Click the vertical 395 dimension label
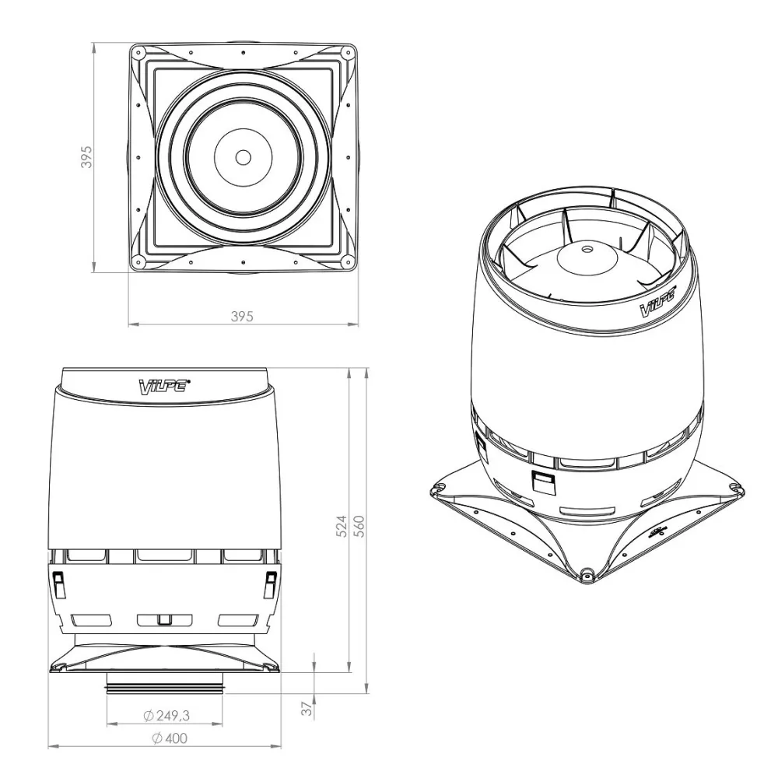(x=86, y=157)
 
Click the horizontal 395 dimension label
(x=242, y=316)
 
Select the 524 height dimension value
(x=342, y=526)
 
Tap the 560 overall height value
(x=359, y=526)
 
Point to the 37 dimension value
(x=307, y=708)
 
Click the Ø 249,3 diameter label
(x=166, y=715)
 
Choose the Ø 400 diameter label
(x=170, y=738)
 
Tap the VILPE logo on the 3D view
(x=658, y=303)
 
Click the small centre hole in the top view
(x=243, y=157)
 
